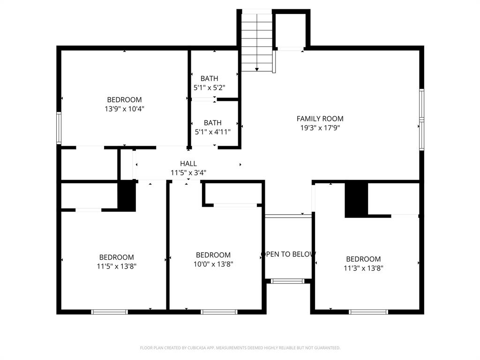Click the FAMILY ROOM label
pos(320,119)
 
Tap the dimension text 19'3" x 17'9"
pos(320,128)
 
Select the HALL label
pos(188,164)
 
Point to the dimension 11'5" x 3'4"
pos(188,172)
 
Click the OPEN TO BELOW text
pos(288,254)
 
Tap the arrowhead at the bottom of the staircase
pos(257,69)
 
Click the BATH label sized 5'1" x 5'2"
pos(209,78)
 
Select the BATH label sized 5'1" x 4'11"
pos(213,123)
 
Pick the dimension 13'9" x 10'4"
pos(124,109)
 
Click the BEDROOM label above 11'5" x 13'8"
pos(116,257)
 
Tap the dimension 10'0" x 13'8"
pos(213,264)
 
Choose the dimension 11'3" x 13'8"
pos(363,268)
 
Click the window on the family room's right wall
pos(421,120)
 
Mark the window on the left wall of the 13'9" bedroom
pos(59,128)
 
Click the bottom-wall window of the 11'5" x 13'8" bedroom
pos(109,312)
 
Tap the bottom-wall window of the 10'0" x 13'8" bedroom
pos(219,312)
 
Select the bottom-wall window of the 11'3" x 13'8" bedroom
pos(368,312)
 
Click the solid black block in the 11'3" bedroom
pos(356,200)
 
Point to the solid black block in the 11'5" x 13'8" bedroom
pos(126,196)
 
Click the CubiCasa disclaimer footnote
pos(240,348)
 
